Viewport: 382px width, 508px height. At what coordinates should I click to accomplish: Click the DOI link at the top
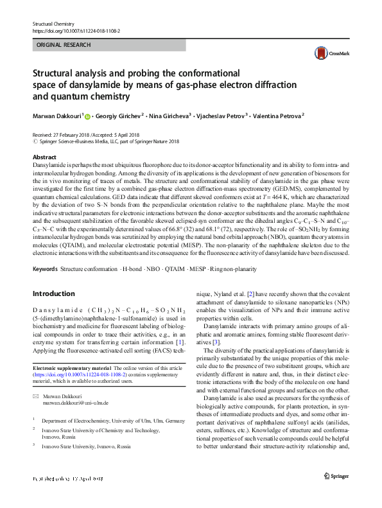[76, 30]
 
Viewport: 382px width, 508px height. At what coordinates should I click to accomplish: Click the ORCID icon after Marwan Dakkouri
[87, 116]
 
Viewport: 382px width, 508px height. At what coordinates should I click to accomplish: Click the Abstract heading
[44, 157]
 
